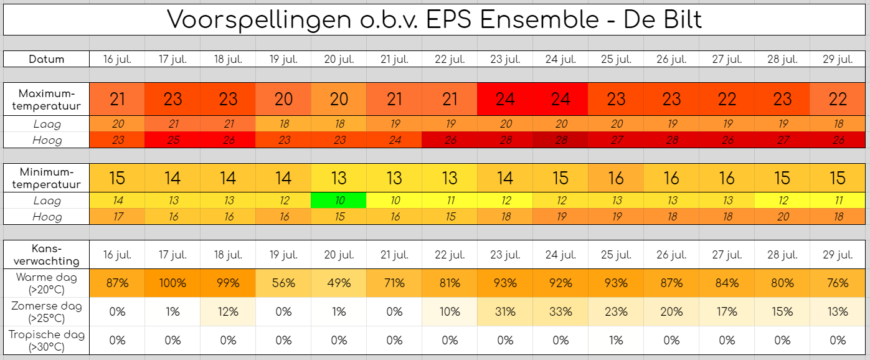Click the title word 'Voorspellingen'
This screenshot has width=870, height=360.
pyautogui.click(x=259, y=20)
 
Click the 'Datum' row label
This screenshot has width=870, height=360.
pyautogui.click(x=46, y=59)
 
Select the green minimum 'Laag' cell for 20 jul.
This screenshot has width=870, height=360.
pyautogui.click(x=339, y=201)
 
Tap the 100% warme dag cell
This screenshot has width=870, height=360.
pyautogui.click(x=173, y=283)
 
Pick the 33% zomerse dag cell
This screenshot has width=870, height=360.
pyautogui.click(x=560, y=312)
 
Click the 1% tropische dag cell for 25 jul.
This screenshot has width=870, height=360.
pyautogui.click(x=616, y=341)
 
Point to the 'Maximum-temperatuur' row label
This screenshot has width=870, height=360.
pyautogui.click(x=46, y=100)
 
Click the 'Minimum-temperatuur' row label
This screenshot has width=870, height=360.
pyautogui.click(x=46, y=178)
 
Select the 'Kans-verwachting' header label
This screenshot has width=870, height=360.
pyautogui.click(x=46, y=255)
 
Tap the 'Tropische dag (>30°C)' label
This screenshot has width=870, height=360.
pyautogui.click(x=46, y=341)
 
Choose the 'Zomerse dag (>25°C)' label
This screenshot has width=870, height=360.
pyautogui.click(x=46, y=312)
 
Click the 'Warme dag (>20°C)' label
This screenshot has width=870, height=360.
pyautogui.click(x=46, y=283)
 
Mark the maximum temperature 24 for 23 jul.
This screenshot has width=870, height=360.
pyautogui.click(x=505, y=100)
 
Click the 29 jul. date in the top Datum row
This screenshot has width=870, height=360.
pyautogui.click(x=838, y=59)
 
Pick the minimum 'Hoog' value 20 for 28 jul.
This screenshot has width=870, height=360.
pyautogui.click(x=783, y=217)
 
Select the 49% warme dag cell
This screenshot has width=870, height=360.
pyautogui.click(x=339, y=283)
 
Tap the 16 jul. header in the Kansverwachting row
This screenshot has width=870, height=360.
pyautogui.click(x=117, y=255)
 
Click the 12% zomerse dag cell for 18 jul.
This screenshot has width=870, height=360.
pyautogui.click(x=228, y=312)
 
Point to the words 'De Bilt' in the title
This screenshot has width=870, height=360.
pyautogui.click(x=663, y=19)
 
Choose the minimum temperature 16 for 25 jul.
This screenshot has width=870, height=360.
pyautogui.click(x=616, y=178)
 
